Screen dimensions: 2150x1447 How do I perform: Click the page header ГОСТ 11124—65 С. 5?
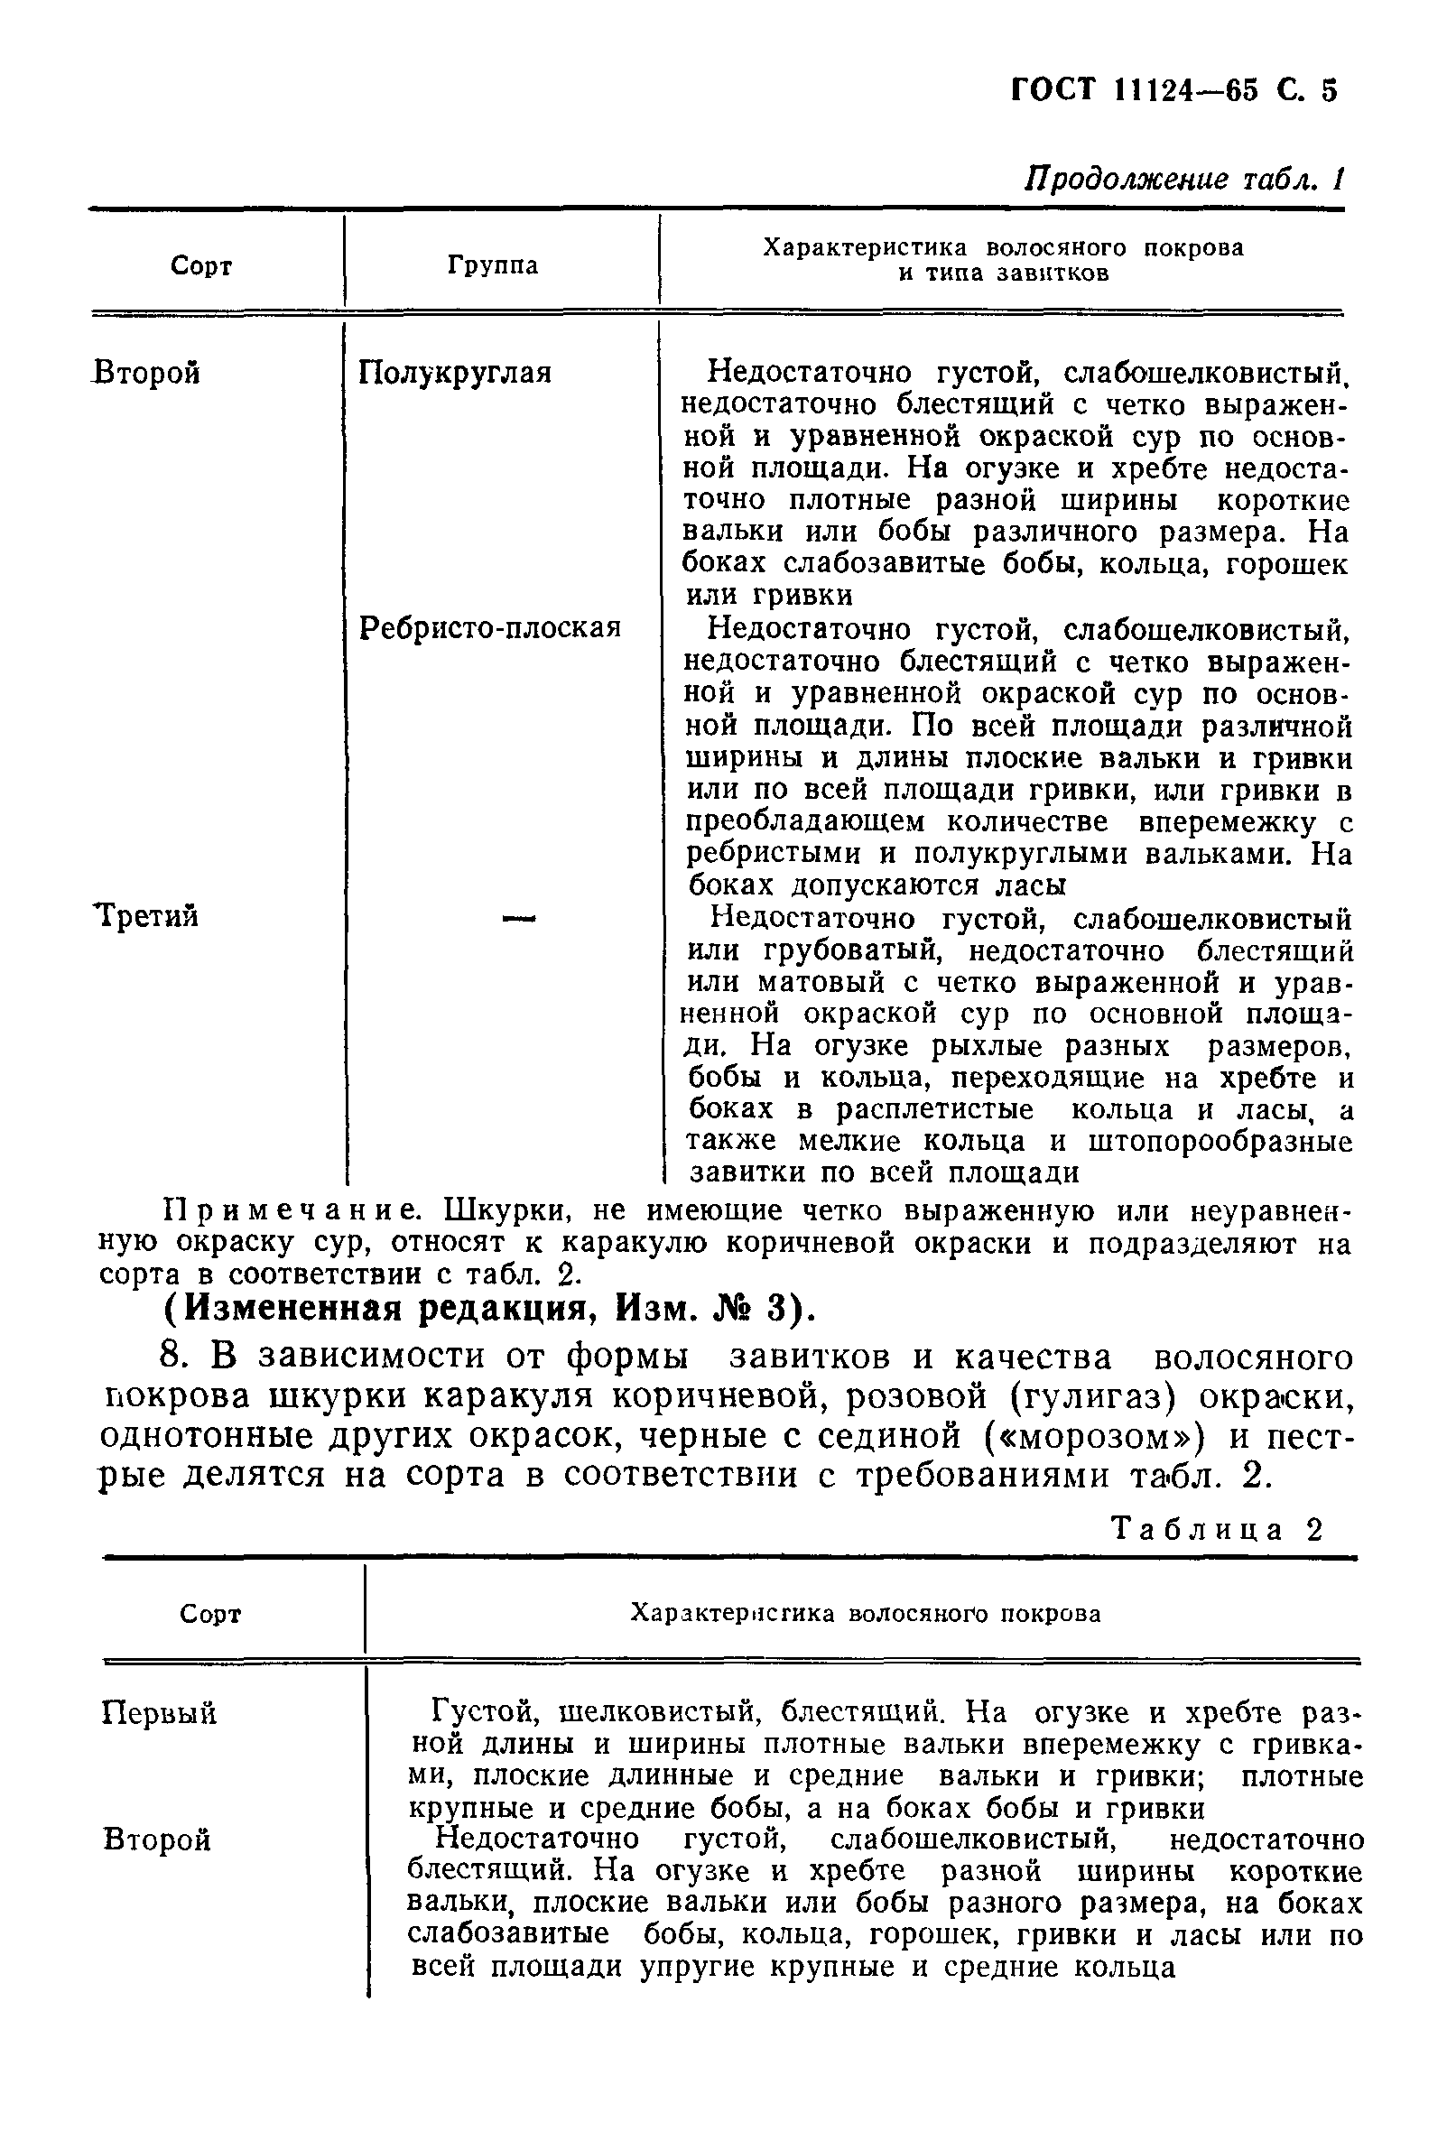(1173, 89)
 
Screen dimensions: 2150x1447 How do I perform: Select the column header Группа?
(493, 265)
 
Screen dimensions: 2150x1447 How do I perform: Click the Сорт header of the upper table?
(201, 265)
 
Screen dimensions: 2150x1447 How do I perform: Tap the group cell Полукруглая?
(455, 373)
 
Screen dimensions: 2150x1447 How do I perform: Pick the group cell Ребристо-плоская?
(489, 628)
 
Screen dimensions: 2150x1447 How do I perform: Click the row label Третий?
(148, 916)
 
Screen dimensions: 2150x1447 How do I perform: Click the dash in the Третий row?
(519, 917)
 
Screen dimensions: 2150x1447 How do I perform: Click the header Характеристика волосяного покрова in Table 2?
(865, 1613)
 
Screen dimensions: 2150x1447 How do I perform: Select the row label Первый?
(159, 1712)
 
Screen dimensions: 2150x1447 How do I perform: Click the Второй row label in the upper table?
(148, 373)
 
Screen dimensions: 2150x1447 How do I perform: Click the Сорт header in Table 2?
(209, 1614)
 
